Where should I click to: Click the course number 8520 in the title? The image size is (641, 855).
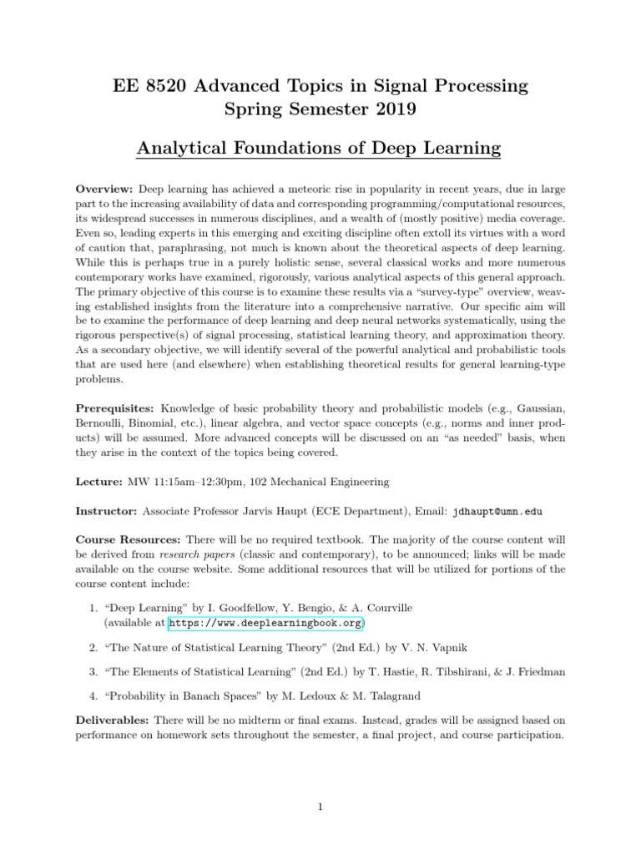pyautogui.click(x=164, y=85)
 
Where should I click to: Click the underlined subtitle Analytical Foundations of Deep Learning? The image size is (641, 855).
pyautogui.click(x=320, y=149)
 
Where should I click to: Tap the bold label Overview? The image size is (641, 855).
pyautogui.click(x=105, y=190)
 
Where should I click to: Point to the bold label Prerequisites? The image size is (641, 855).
pyautogui.click(x=115, y=408)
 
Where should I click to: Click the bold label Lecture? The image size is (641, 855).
pyautogui.click(x=99, y=482)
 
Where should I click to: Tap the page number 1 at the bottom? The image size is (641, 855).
pyautogui.click(x=320, y=807)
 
